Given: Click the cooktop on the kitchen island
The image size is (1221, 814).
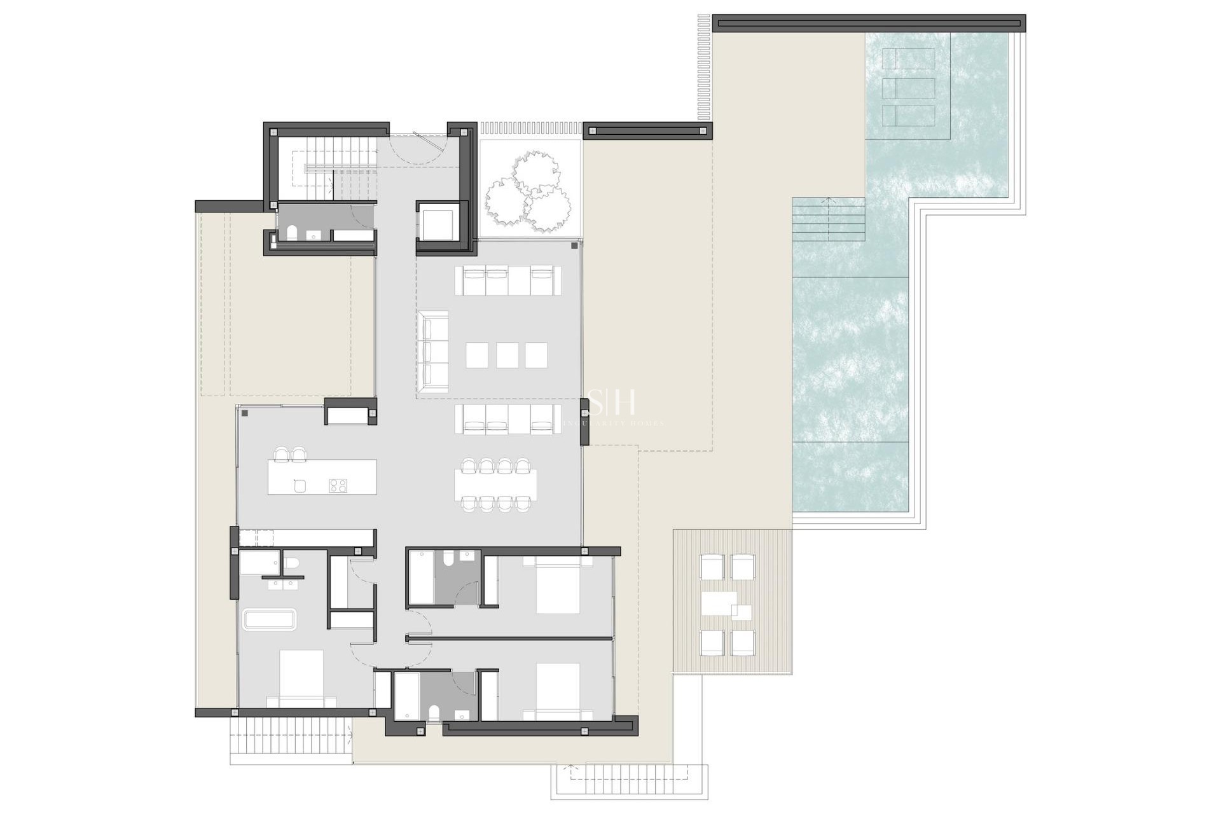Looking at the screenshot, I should pos(338,486).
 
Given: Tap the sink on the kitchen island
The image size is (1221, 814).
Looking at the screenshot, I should pos(300,486).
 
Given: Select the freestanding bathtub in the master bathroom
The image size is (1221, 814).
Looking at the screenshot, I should pos(270,620).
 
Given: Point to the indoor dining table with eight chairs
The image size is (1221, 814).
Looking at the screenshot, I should pos(496,485).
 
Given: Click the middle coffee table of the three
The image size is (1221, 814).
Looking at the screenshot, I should pos(507,355).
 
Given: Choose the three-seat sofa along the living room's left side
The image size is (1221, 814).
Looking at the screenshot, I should pos(432,352).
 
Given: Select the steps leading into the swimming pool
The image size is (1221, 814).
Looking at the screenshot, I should pos(828,219).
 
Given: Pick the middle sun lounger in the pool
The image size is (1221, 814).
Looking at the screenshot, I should pos(909,88).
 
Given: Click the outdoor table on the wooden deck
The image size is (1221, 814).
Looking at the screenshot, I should pos(719,604).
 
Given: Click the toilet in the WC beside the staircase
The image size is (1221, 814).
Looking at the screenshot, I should pos(292,233).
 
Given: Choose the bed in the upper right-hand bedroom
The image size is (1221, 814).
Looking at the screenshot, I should pos(558,586).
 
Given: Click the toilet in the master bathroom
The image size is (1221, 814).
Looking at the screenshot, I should pos(292,564).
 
